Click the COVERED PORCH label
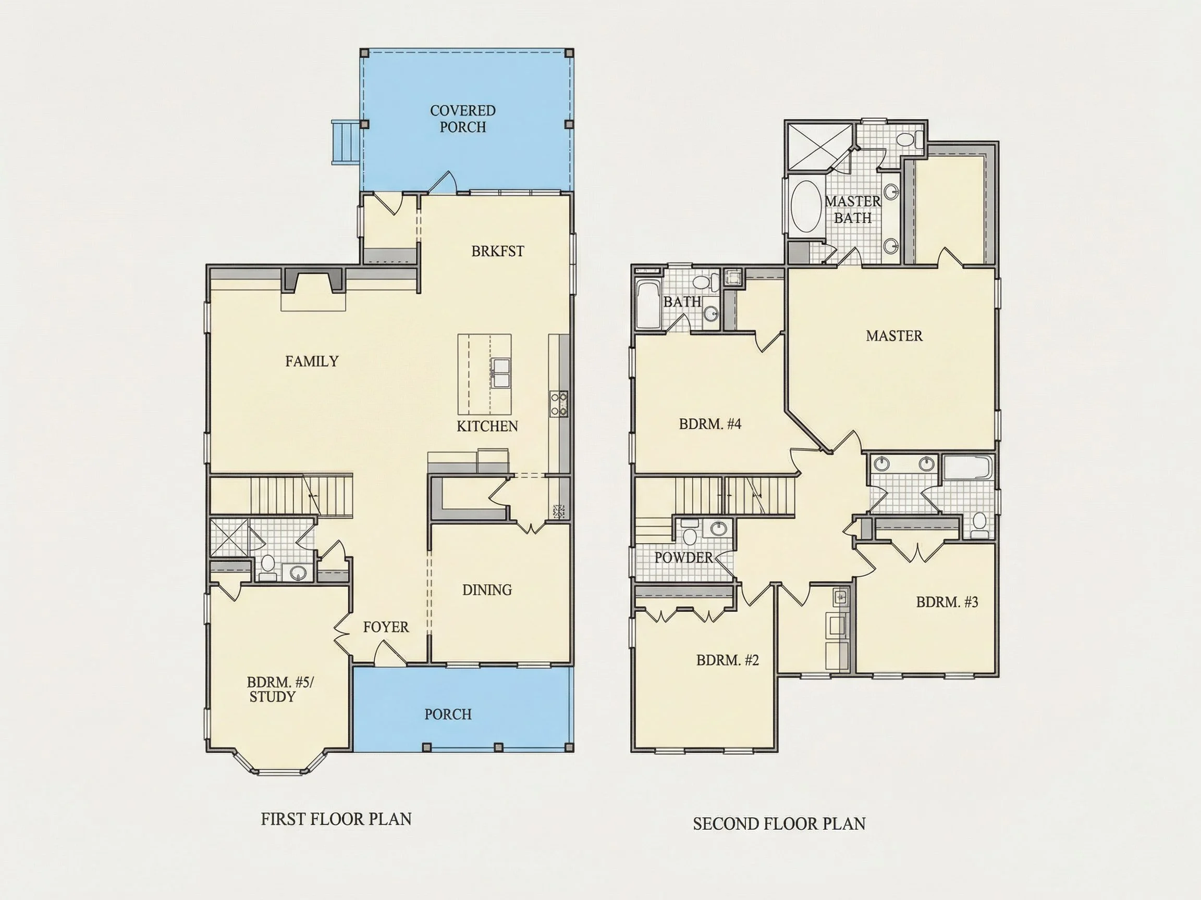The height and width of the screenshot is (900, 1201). pyautogui.click(x=462, y=119)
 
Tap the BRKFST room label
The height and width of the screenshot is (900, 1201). pyautogui.click(x=497, y=251)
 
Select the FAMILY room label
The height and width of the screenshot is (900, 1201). pyautogui.click(x=312, y=361)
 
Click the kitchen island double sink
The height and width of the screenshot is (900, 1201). pyautogui.click(x=500, y=373)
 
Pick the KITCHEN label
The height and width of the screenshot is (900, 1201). pyautogui.click(x=487, y=427)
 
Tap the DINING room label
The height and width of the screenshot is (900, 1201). pyautogui.click(x=487, y=590)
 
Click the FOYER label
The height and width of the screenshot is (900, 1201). pyautogui.click(x=386, y=627)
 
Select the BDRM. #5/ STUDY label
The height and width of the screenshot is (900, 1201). pyautogui.click(x=279, y=689)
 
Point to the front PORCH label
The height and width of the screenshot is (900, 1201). pyautogui.click(x=448, y=715)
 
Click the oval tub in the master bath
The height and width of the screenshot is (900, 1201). pyautogui.click(x=806, y=207)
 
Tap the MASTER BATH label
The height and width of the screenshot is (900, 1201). pyautogui.click(x=853, y=209)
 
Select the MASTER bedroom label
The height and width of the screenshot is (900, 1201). pyautogui.click(x=894, y=336)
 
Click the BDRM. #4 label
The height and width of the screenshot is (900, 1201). pyautogui.click(x=710, y=423)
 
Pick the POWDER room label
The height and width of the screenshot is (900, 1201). pyautogui.click(x=683, y=557)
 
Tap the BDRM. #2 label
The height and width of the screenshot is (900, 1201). pyautogui.click(x=728, y=660)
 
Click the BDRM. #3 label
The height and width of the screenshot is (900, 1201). pyautogui.click(x=947, y=602)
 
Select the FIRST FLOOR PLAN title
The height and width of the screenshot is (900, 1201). pyautogui.click(x=336, y=819)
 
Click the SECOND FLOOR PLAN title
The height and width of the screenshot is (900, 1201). pyautogui.click(x=779, y=824)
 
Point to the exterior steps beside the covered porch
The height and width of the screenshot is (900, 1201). pyautogui.click(x=345, y=142)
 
